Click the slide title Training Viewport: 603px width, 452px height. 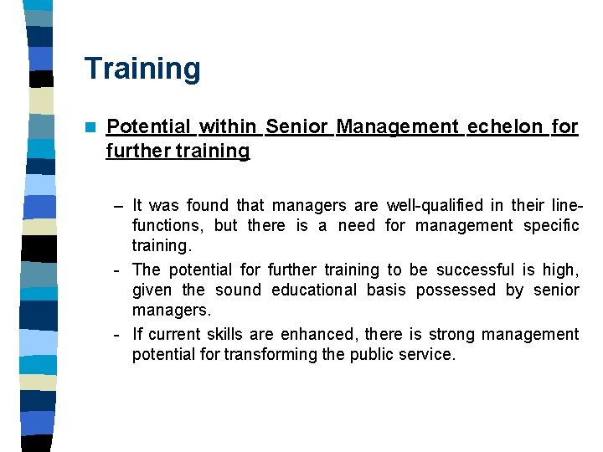[142, 69]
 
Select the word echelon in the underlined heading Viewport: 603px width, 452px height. [505, 126]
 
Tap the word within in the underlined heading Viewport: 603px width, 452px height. [229, 126]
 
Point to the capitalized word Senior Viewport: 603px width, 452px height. [296, 126]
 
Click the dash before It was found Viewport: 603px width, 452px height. [120, 206]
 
